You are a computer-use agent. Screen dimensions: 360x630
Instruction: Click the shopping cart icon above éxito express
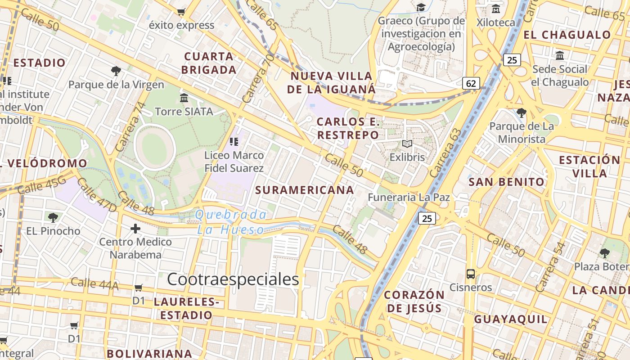[x=181, y=12]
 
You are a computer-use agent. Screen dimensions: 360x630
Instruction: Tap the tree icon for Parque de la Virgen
[x=116, y=71]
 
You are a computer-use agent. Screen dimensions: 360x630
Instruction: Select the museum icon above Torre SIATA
[x=184, y=98]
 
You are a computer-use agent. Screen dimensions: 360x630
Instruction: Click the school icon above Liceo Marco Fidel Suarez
[x=234, y=142]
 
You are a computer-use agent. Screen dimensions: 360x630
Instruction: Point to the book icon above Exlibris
[x=407, y=144]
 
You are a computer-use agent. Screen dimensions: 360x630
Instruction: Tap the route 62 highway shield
[x=471, y=83]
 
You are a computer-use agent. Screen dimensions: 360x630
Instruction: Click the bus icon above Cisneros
[x=471, y=274]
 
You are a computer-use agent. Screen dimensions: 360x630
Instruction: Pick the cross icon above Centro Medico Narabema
[x=135, y=229]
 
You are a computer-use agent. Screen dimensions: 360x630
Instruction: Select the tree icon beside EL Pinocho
[x=53, y=218]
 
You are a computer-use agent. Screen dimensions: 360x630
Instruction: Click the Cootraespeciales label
[x=233, y=279]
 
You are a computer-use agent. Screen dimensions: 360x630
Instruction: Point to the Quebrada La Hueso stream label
[x=231, y=222]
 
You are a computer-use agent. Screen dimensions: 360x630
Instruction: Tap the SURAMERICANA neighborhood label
[x=305, y=190]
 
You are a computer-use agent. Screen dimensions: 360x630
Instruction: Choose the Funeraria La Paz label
[x=409, y=197]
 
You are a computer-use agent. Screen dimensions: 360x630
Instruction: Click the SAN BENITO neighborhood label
[x=507, y=182]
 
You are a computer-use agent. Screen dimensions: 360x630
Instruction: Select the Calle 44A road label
[x=94, y=283]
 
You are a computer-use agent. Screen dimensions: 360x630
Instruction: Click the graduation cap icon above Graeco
[x=421, y=8]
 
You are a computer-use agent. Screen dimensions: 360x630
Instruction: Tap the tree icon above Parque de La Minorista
[x=522, y=112]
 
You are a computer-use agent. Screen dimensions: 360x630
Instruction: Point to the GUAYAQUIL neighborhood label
[x=511, y=319]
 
